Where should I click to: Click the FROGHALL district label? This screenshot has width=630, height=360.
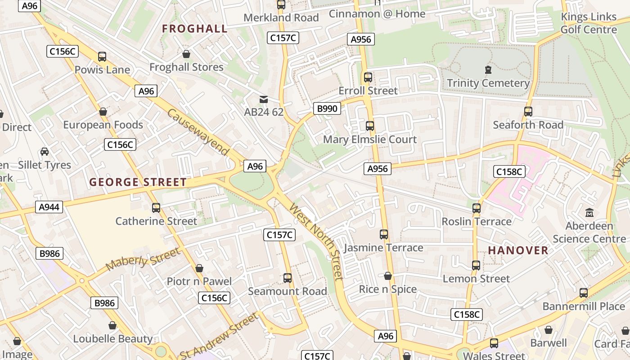[194, 29]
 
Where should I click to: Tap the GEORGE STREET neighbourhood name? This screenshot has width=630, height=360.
[138, 182]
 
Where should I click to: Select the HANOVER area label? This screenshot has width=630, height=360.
[518, 250]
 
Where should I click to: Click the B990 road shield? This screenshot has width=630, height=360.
[327, 108]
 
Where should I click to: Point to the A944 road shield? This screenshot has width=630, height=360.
[49, 207]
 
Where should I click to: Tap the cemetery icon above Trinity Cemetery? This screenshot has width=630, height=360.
[488, 70]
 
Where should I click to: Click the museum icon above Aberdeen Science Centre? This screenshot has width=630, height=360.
[589, 212]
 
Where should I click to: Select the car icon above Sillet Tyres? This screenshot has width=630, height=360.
[45, 151]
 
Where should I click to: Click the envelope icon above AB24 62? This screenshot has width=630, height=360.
[264, 99]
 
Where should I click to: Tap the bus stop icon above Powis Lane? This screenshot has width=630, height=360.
[102, 57]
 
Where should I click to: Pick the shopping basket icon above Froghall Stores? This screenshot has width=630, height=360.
[186, 54]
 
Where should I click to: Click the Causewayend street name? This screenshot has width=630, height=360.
[198, 132]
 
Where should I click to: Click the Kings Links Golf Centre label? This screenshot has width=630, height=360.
[588, 23]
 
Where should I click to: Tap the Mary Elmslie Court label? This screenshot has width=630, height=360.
[370, 139]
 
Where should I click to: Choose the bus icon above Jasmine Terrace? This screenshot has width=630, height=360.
[383, 234]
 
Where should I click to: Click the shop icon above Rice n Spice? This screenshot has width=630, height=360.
[387, 276]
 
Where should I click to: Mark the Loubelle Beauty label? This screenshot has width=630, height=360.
[112, 339]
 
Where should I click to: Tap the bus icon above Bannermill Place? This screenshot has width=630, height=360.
[584, 293]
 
